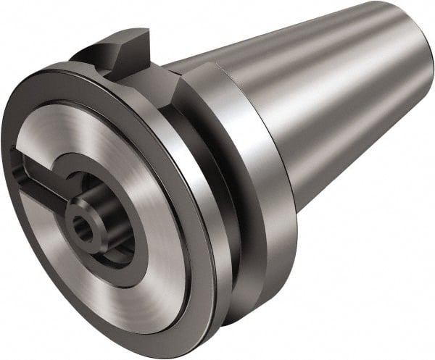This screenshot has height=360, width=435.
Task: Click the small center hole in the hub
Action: click(x=86, y=231)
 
